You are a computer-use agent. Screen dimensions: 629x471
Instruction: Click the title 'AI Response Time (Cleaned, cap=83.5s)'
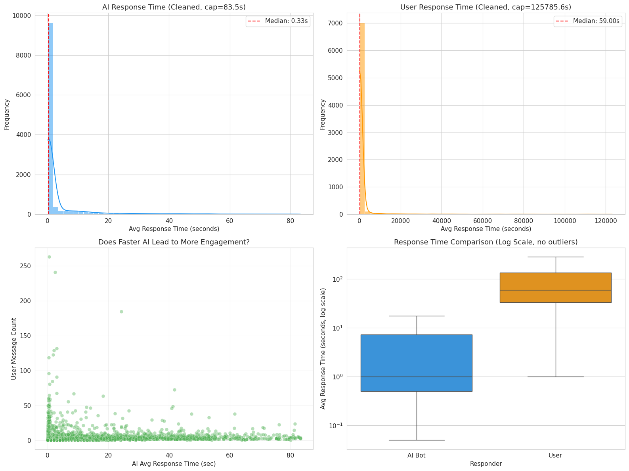(x=174, y=7)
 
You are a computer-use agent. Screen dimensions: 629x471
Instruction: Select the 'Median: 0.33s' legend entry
(x=278, y=21)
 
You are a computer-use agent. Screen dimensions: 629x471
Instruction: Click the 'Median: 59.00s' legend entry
(x=587, y=21)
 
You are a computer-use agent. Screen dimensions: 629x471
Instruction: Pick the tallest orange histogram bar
(x=362, y=119)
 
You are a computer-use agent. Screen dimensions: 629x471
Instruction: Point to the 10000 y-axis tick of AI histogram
(x=21, y=15)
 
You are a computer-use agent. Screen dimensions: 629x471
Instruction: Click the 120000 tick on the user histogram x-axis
(x=606, y=221)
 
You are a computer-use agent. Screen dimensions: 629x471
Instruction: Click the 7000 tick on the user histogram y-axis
(x=335, y=23)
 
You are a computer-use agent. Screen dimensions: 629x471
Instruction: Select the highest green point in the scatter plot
(x=49, y=257)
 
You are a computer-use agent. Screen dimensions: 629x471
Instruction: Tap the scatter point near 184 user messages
(x=122, y=312)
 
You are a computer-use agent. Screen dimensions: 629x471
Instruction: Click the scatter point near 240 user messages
(x=55, y=273)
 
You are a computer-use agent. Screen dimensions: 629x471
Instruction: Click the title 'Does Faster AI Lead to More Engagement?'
(x=174, y=242)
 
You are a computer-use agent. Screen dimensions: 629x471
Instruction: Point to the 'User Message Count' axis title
(x=13, y=349)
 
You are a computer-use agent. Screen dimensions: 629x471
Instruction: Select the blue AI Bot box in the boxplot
(x=417, y=363)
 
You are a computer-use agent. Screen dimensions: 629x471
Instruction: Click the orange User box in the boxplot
(x=556, y=288)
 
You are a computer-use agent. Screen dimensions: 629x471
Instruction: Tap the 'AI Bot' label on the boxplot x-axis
(x=417, y=456)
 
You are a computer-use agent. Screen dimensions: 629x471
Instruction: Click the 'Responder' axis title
(x=486, y=464)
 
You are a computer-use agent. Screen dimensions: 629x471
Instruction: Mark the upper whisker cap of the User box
(x=556, y=257)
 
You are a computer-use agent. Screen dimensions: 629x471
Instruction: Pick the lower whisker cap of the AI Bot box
(x=417, y=440)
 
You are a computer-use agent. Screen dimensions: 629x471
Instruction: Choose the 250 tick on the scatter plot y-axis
(x=25, y=266)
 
